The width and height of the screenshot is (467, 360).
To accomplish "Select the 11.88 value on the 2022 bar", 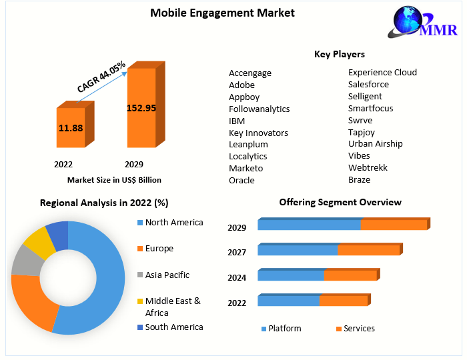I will click(71, 127).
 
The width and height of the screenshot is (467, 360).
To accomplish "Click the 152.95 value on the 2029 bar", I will click(141, 108).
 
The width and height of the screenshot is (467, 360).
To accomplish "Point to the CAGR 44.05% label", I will click(101, 77).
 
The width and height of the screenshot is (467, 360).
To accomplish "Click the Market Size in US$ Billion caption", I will click(114, 180).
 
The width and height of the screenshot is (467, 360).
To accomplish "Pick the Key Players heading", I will click(340, 54).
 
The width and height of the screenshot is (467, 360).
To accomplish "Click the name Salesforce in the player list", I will click(368, 85).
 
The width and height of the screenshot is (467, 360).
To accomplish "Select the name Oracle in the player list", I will click(242, 181).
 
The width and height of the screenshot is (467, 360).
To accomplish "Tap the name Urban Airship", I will click(376, 144).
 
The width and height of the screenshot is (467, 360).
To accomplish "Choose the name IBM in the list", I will click(237, 121).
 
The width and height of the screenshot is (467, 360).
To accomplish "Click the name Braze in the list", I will click(359, 180).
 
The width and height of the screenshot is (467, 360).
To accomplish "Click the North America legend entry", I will click(174, 223).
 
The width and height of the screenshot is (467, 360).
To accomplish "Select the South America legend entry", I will click(174, 327).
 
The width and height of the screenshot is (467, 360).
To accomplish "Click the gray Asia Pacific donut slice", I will click(25, 261).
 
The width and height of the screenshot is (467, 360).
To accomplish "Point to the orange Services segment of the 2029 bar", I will click(394, 225).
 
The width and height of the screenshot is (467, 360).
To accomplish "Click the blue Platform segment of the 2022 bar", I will click(289, 301).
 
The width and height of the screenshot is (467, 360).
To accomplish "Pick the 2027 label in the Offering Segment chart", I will click(237, 253).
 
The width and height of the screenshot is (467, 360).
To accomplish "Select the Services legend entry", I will click(359, 329).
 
